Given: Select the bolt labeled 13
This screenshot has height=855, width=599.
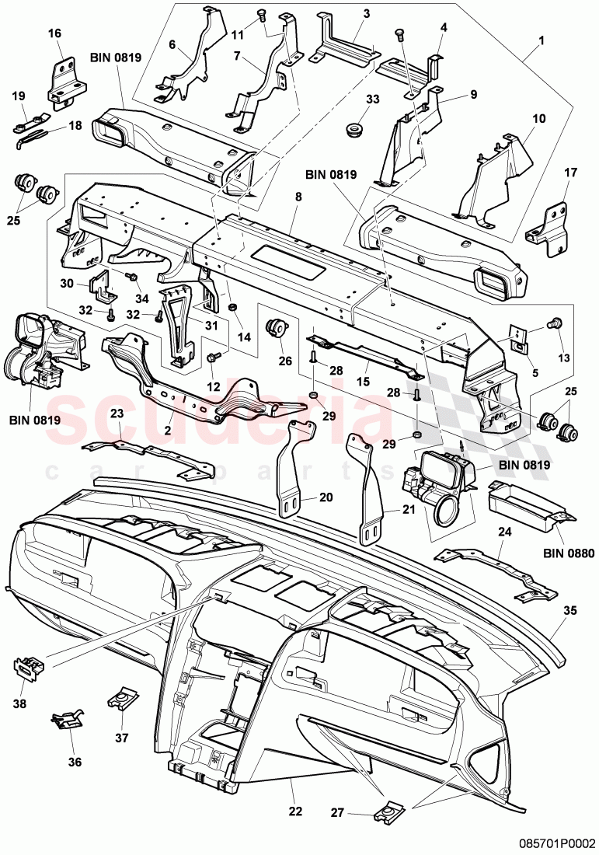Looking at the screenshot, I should [557, 323].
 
